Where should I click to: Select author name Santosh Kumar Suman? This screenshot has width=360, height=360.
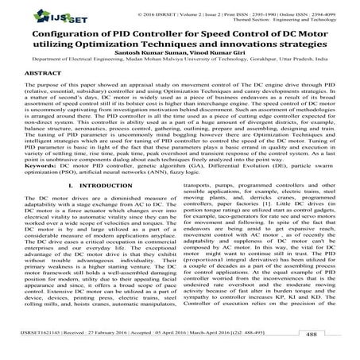[x=138, y=69]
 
